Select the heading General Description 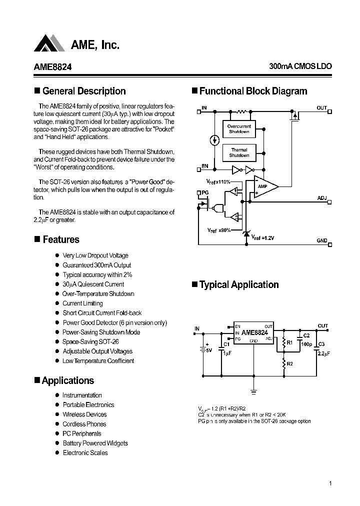84,91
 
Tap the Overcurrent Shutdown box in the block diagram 239,129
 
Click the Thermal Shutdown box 239,152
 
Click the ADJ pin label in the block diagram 321,198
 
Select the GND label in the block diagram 321,240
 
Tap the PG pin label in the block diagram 204,192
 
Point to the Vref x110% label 218,182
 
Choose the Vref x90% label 219,229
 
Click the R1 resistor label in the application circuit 291,343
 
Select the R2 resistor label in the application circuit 290,363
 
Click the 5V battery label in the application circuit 208,350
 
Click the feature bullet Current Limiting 82,303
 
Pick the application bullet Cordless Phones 84,424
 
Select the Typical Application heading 239,284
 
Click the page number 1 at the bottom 330,483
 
